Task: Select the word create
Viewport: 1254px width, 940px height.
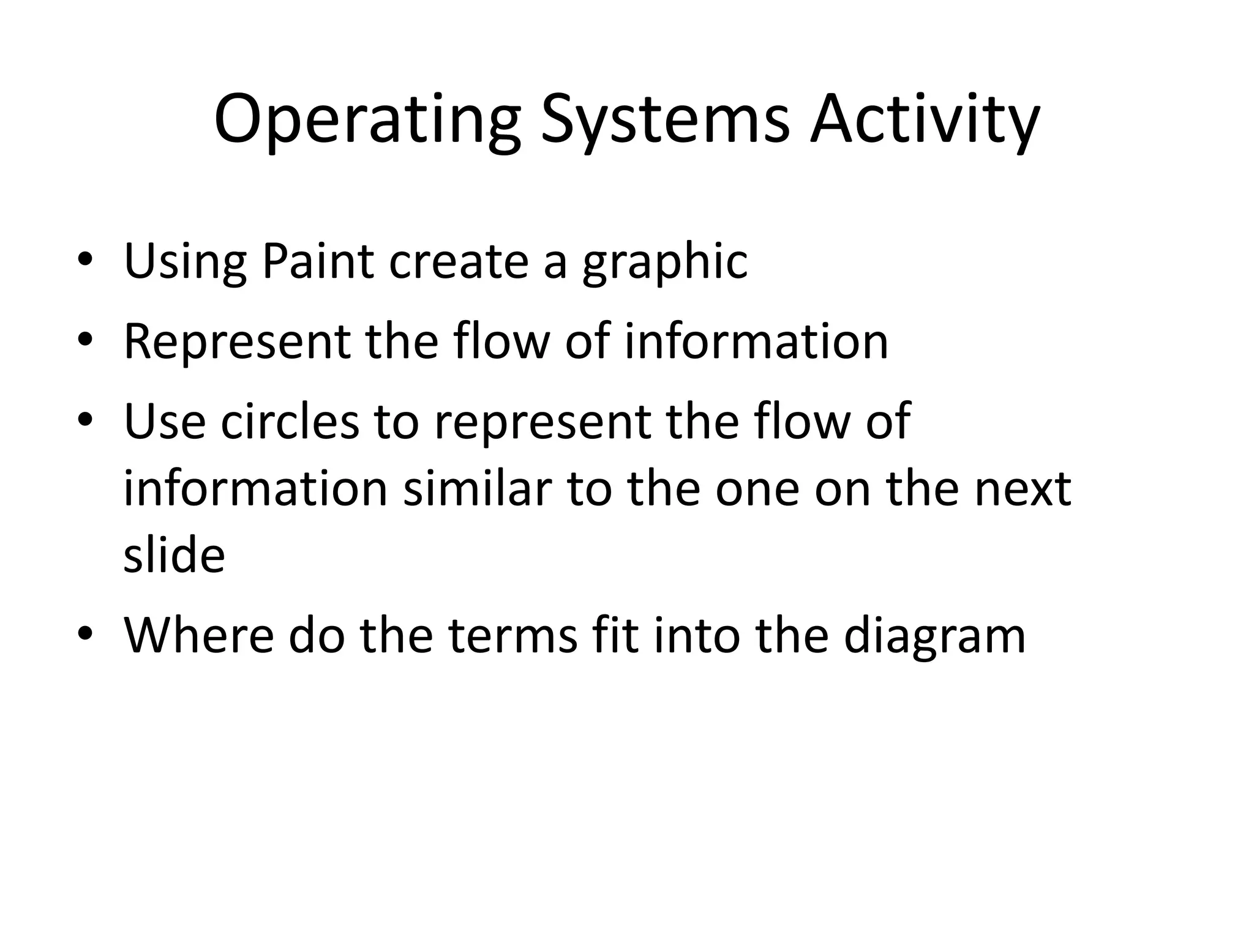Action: (459, 262)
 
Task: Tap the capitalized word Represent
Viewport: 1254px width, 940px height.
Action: (237, 342)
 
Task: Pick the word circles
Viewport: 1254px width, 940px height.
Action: (290, 422)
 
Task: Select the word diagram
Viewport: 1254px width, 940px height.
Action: (934, 637)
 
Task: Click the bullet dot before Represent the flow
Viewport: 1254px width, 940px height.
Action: (85, 338)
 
